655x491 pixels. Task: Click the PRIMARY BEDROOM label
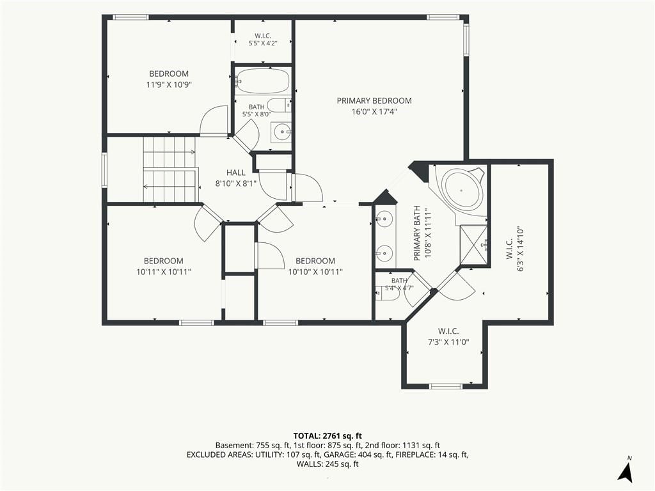pyautogui.click(x=374, y=100)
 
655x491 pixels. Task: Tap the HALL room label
pyautogui.click(x=236, y=173)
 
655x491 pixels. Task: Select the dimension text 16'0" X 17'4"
pyautogui.click(x=374, y=111)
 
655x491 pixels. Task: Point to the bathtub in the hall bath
pyautogui.click(x=262, y=81)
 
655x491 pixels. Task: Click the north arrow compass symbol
pyautogui.click(x=625, y=471)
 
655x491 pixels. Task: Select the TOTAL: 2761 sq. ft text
pyautogui.click(x=327, y=436)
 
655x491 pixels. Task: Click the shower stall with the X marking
pyautogui.click(x=474, y=245)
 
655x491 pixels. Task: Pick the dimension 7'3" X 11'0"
pyautogui.click(x=448, y=343)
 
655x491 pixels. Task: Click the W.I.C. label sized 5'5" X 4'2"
pyautogui.click(x=263, y=36)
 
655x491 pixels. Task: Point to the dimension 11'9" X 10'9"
pyautogui.click(x=169, y=85)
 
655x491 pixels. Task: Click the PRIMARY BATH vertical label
pyautogui.click(x=416, y=233)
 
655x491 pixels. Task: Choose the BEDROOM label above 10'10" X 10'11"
pyautogui.click(x=315, y=261)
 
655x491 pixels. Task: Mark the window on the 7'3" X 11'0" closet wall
pyautogui.click(x=446, y=386)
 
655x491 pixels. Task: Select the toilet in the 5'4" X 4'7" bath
pyautogui.click(x=387, y=294)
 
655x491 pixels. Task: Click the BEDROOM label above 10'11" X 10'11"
pyautogui.click(x=163, y=261)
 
